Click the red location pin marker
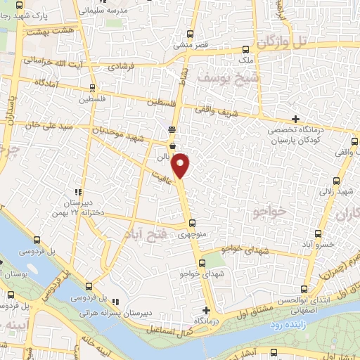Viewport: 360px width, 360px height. [x=181, y=165]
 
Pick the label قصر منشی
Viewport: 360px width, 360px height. [x=190, y=45]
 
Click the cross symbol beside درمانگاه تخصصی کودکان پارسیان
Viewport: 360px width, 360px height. [x=295, y=118]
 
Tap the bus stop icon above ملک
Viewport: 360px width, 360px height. [x=245, y=49]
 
